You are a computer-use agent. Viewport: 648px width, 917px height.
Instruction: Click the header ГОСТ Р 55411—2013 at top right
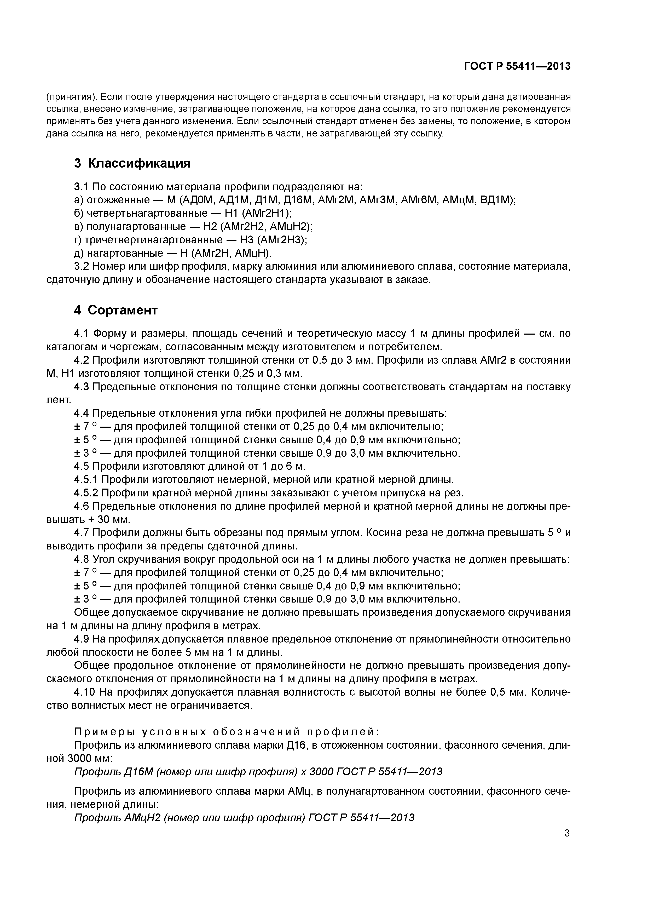click(517, 66)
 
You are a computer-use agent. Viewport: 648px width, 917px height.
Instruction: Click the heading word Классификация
click(139, 163)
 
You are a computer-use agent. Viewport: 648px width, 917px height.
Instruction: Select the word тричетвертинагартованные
click(153, 240)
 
